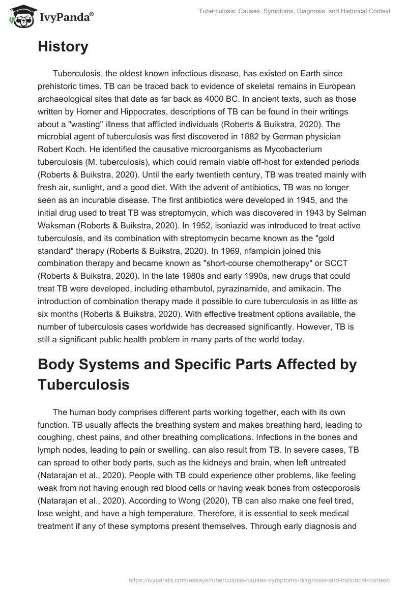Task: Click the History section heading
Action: coord(63,47)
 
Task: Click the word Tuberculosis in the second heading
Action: coord(83,385)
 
